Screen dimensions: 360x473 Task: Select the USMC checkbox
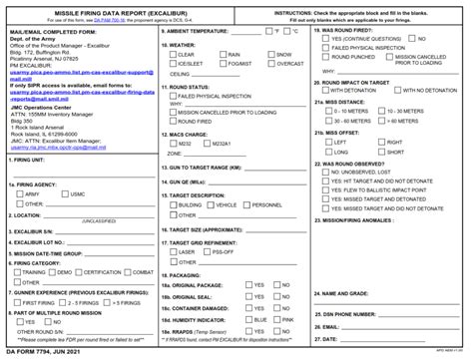(66, 193)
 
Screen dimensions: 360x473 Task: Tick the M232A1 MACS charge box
(211, 143)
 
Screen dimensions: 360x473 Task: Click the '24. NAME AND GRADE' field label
(347, 294)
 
